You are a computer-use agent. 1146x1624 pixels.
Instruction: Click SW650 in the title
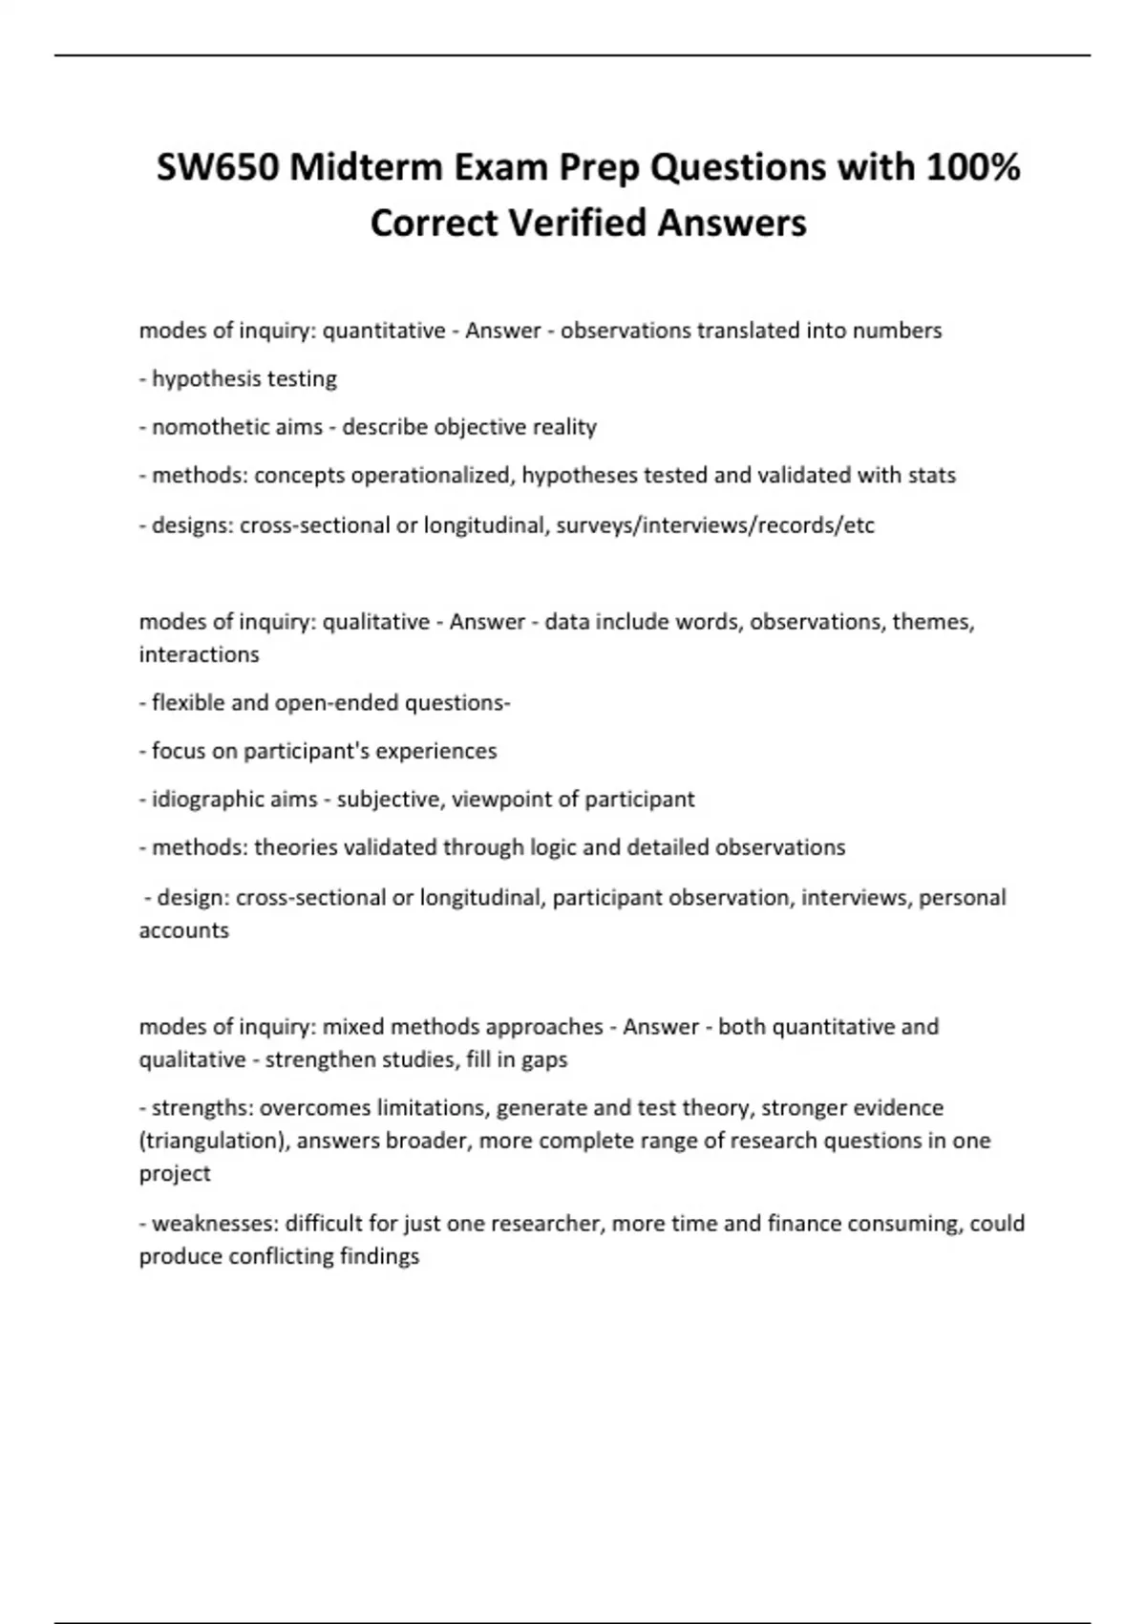click(x=218, y=168)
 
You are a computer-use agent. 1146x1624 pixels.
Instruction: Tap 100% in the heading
click(x=971, y=168)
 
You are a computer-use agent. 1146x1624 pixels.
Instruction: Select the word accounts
click(x=183, y=930)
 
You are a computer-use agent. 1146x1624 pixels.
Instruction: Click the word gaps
click(x=544, y=1059)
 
